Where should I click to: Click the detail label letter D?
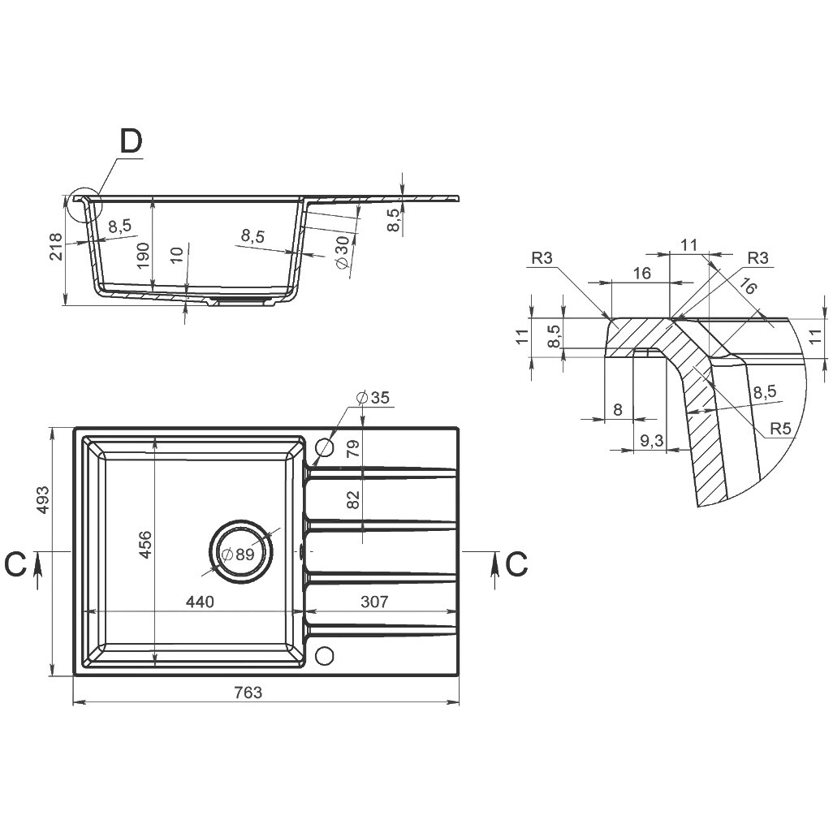(131, 142)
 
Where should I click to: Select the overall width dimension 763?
(248, 693)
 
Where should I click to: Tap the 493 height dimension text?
(41, 499)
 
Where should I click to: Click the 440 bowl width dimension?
(200, 602)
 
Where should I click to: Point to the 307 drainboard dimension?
(374, 602)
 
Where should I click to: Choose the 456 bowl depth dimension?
(145, 545)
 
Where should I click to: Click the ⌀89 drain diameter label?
(239, 555)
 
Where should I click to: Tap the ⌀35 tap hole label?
(373, 397)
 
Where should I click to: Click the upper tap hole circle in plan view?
(324, 448)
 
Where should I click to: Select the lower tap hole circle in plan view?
(324, 655)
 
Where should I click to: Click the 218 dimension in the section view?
(56, 247)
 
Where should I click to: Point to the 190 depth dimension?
(143, 256)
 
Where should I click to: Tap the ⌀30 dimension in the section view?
(343, 250)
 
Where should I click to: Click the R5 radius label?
(780, 428)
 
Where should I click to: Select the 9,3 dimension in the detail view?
(652, 440)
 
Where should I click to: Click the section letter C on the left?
(15, 563)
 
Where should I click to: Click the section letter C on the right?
(516, 563)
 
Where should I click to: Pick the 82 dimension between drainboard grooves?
(353, 499)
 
